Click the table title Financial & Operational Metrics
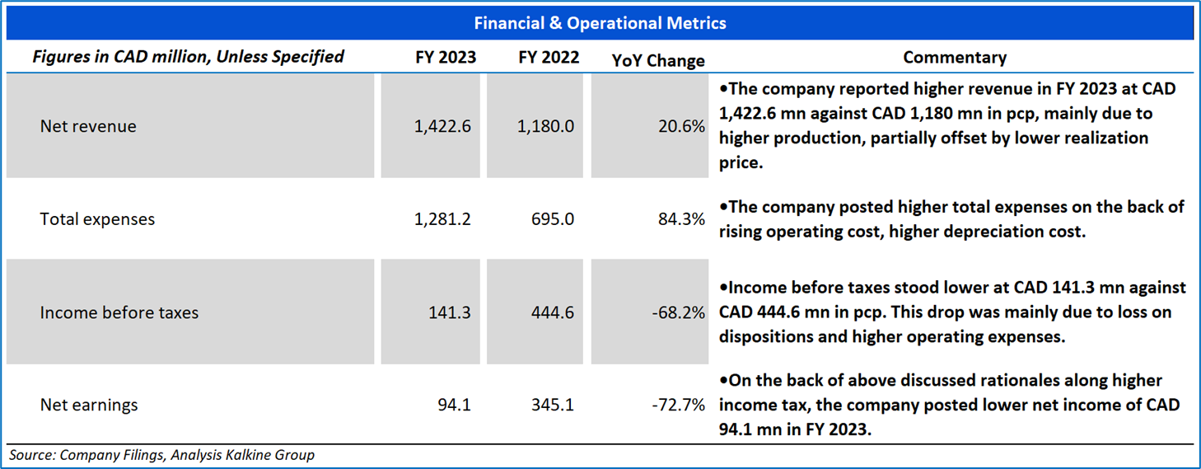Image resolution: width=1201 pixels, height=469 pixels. coord(600,23)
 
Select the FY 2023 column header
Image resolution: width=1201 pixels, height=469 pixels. coord(446,58)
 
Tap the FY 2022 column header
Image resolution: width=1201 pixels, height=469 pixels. coord(549,58)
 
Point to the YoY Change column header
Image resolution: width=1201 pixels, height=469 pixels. coord(658,60)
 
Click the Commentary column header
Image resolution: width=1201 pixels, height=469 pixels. coord(955,58)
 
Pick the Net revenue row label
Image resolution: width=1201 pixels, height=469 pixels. coord(88,127)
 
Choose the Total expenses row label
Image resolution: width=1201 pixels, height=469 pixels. coord(97,219)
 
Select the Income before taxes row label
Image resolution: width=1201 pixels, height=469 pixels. coord(119,312)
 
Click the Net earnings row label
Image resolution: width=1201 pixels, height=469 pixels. coord(89,406)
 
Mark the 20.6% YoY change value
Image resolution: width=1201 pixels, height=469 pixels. coord(682,127)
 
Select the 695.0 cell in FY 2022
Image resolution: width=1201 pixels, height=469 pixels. coord(553,219)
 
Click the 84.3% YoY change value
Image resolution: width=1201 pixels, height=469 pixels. coord(682,219)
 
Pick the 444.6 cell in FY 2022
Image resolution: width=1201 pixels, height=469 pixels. coord(553,312)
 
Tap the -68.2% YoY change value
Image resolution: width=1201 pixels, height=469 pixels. coord(679,312)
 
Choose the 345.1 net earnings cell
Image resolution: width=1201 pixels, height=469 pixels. coord(553,406)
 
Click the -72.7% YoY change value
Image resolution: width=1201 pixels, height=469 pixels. coord(679,406)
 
